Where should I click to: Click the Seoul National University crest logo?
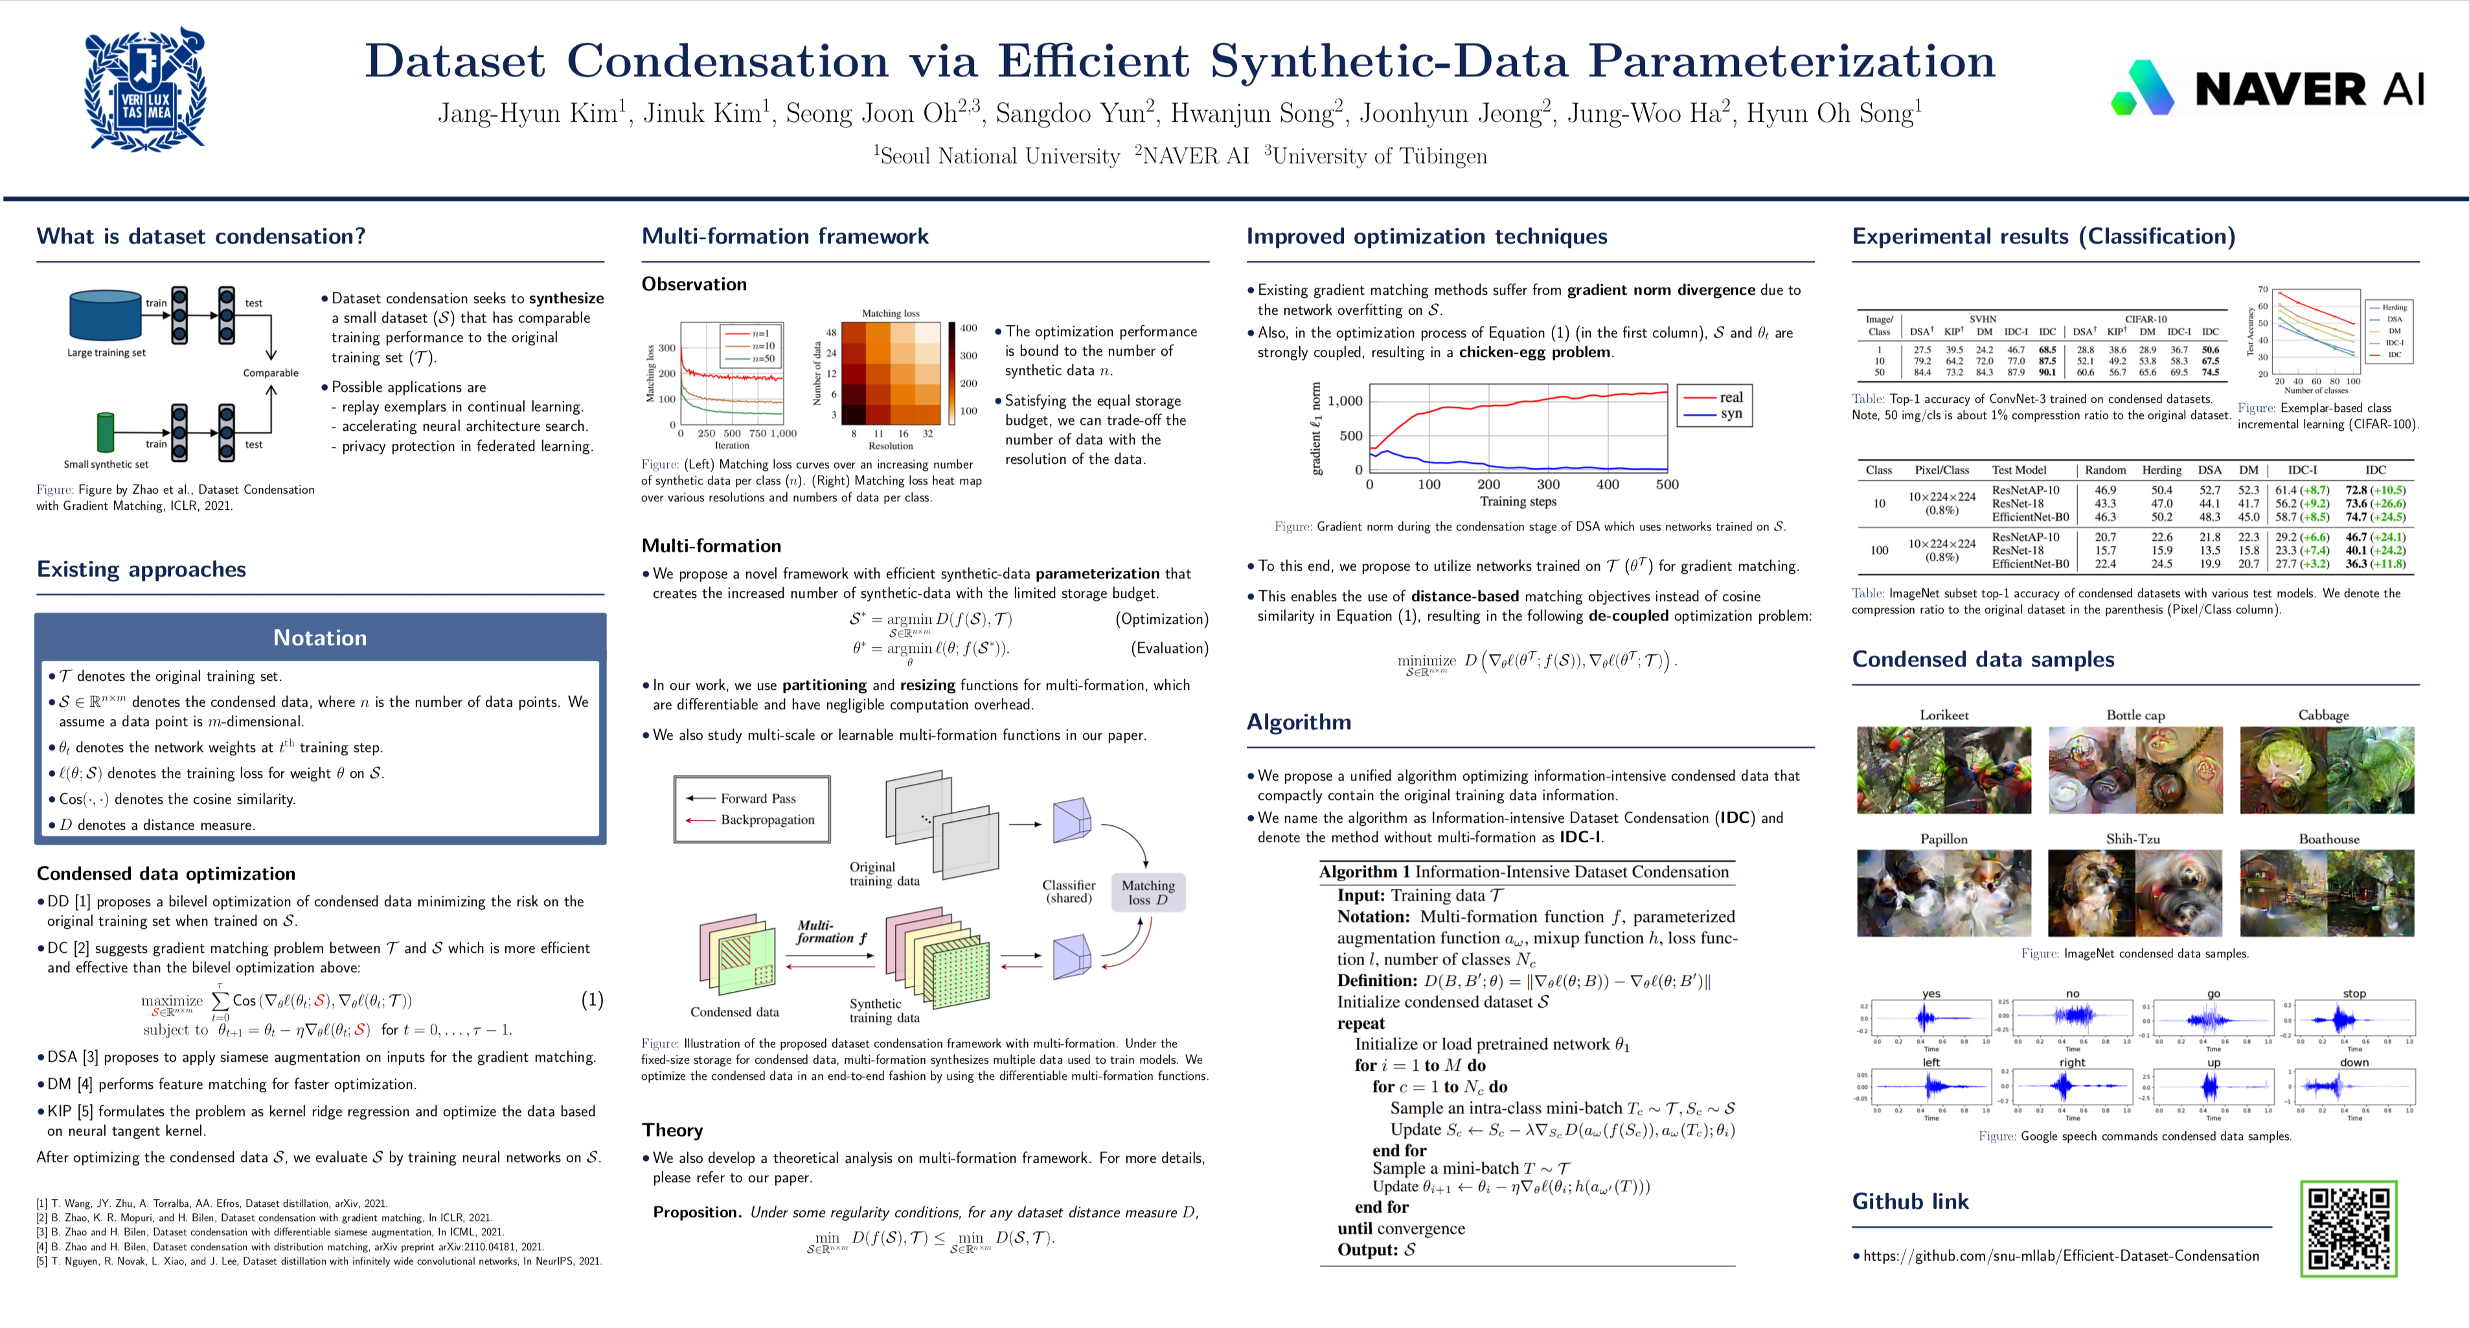point(146,89)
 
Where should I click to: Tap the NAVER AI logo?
point(2267,88)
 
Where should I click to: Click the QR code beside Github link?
point(2349,1228)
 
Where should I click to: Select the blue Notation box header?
point(320,637)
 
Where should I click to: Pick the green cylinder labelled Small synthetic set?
point(106,431)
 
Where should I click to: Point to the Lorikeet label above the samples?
point(1944,715)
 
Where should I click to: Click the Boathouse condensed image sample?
point(2327,893)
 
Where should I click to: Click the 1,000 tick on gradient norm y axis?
point(1345,401)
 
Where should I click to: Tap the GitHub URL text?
point(2061,1255)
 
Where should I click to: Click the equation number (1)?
point(593,1000)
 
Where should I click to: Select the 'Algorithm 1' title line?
point(1524,871)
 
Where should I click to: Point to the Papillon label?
point(1944,839)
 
